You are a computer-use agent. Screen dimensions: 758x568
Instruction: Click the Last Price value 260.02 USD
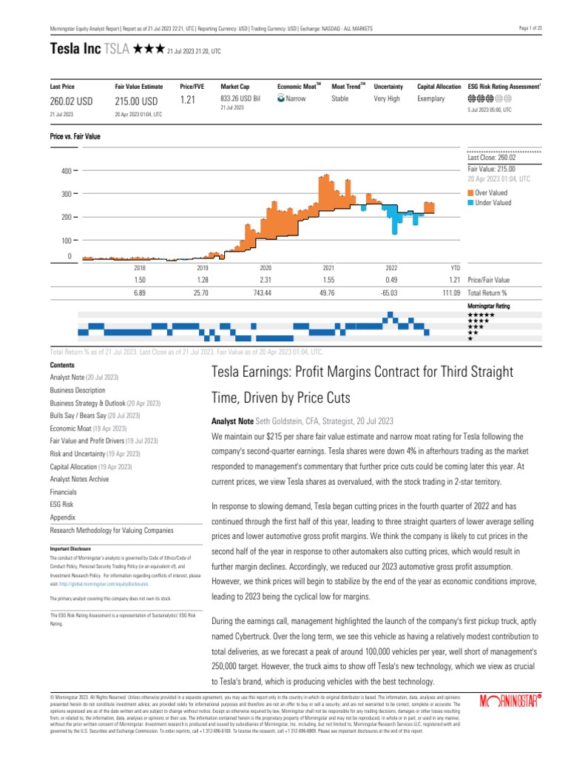tap(71, 101)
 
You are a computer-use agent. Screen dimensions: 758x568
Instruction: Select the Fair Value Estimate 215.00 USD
tap(136, 101)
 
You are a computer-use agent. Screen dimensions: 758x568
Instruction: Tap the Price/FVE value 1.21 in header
tap(187, 101)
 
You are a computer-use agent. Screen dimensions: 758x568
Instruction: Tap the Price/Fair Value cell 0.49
tap(391, 281)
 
